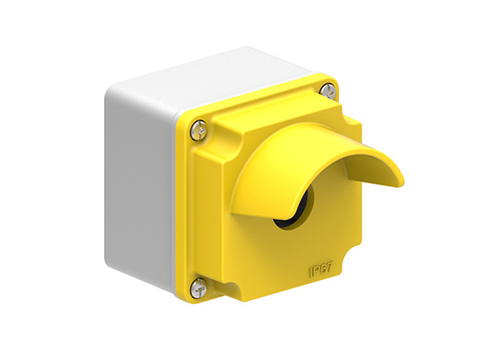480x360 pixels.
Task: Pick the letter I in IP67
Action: click(311, 275)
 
